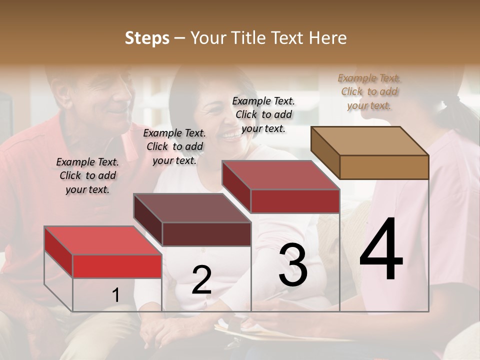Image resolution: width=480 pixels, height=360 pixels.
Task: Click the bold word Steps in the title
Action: pos(146,38)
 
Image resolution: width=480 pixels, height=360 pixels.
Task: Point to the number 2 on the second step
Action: pos(201,280)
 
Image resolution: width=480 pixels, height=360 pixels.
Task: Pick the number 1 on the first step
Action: pos(115,295)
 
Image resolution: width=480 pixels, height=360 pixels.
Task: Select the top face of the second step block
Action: pos(192,208)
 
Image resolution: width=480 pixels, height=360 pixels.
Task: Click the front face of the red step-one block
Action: pos(117,266)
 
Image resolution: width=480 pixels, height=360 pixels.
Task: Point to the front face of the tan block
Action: pos(384,167)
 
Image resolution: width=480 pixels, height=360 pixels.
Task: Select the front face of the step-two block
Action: pos(206,234)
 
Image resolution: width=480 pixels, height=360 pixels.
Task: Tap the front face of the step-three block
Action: pos(295,201)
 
